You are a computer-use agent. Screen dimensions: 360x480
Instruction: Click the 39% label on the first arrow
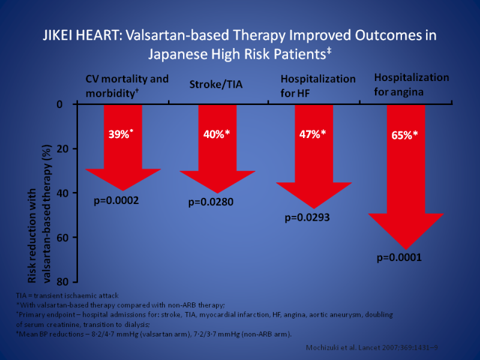[x=121, y=134]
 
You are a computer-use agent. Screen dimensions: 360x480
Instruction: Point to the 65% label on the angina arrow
[x=406, y=136]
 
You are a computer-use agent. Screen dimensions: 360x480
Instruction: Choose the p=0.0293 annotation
[x=307, y=217]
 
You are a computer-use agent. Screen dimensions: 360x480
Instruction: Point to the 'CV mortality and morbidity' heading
[x=127, y=85]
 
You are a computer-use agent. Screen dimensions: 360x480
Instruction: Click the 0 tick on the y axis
[x=59, y=104]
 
